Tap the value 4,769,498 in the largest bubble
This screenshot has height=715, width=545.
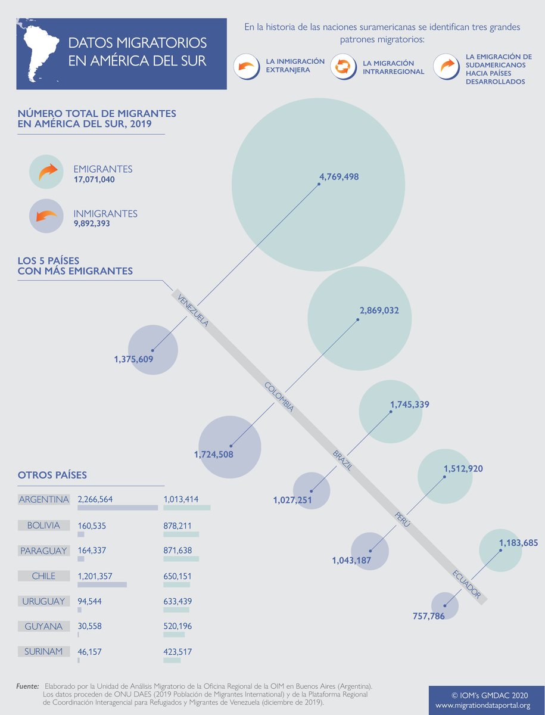(x=339, y=176)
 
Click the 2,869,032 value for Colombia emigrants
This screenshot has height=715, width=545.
(x=379, y=310)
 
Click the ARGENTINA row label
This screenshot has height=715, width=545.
(x=43, y=499)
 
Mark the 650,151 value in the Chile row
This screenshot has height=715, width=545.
(x=177, y=576)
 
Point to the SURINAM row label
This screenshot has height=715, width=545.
(x=43, y=652)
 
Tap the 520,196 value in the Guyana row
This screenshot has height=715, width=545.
(x=177, y=626)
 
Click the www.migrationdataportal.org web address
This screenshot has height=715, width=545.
(x=482, y=705)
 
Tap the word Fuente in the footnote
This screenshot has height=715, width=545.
(x=27, y=687)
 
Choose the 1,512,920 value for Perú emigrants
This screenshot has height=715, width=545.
(x=463, y=468)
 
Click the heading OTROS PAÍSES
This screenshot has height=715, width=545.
(x=52, y=475)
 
